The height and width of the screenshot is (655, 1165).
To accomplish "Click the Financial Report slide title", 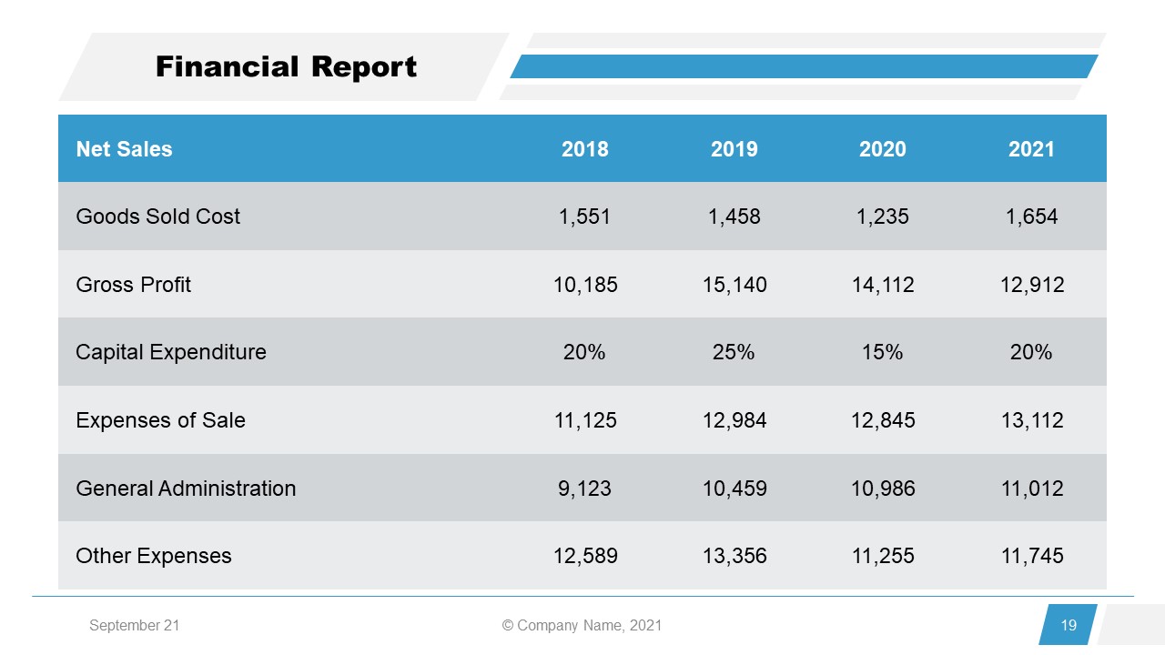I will coord(286,67).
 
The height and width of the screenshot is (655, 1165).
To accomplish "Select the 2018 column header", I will coord(584,149).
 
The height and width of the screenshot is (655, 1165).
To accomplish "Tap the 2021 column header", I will coord(1030,149).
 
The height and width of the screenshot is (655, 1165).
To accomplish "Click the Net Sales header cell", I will coord(124,149).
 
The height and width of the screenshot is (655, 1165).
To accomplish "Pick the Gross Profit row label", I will coord(134,285).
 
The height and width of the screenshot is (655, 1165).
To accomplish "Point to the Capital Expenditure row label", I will coord(171,352).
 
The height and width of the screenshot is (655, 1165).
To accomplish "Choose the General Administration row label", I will coord(186,489).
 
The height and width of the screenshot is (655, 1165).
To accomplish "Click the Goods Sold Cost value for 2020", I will coord(882,217).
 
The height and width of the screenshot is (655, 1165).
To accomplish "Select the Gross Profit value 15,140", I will coord(734,285).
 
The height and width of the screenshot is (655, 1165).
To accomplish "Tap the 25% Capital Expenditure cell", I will coord(734,352).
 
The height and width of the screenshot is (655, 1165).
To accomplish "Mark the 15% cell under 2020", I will coord(882,352).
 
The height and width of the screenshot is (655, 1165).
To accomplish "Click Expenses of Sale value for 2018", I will coord(584,420).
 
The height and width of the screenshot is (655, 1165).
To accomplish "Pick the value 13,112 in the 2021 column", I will coord(1031,420).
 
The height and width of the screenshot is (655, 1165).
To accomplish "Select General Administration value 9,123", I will coord(584,489).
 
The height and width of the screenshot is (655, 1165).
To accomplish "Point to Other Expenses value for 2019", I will coord(734,556).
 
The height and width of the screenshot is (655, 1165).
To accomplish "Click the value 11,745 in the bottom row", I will coord(1031,556).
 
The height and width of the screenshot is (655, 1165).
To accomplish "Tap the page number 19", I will coord(1069,625).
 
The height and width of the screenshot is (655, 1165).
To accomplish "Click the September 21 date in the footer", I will coord(134,626).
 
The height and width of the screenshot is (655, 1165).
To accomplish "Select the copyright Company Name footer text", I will coord(582,626).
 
